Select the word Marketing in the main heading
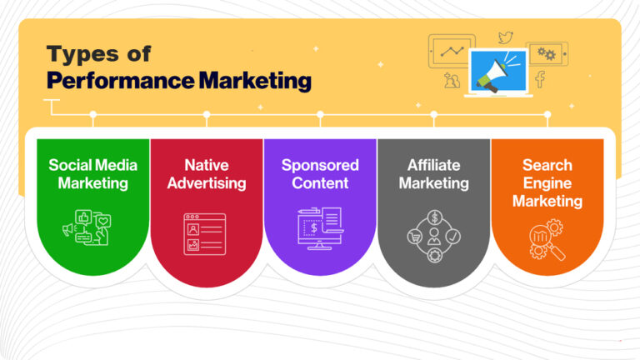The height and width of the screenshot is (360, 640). [x=255, y=81]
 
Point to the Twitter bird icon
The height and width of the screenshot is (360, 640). [x=505, y=37]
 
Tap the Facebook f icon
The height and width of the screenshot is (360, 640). [x=540, y=79]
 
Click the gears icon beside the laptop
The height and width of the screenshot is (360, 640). [x=546, y=53]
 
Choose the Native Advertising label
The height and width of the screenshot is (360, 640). [x=206, y=173]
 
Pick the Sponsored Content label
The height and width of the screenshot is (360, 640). [x=320, y=173]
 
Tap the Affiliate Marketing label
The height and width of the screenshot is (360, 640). [x=433, y=173]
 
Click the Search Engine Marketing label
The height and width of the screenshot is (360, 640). [x=547, y=182]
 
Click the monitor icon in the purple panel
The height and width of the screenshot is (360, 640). [x=319, y=230]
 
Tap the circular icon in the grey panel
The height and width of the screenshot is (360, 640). [x=433, y=237]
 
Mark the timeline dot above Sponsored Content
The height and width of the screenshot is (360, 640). [x=320, y=114]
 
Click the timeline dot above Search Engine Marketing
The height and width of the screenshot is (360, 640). [x=547, y=114]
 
